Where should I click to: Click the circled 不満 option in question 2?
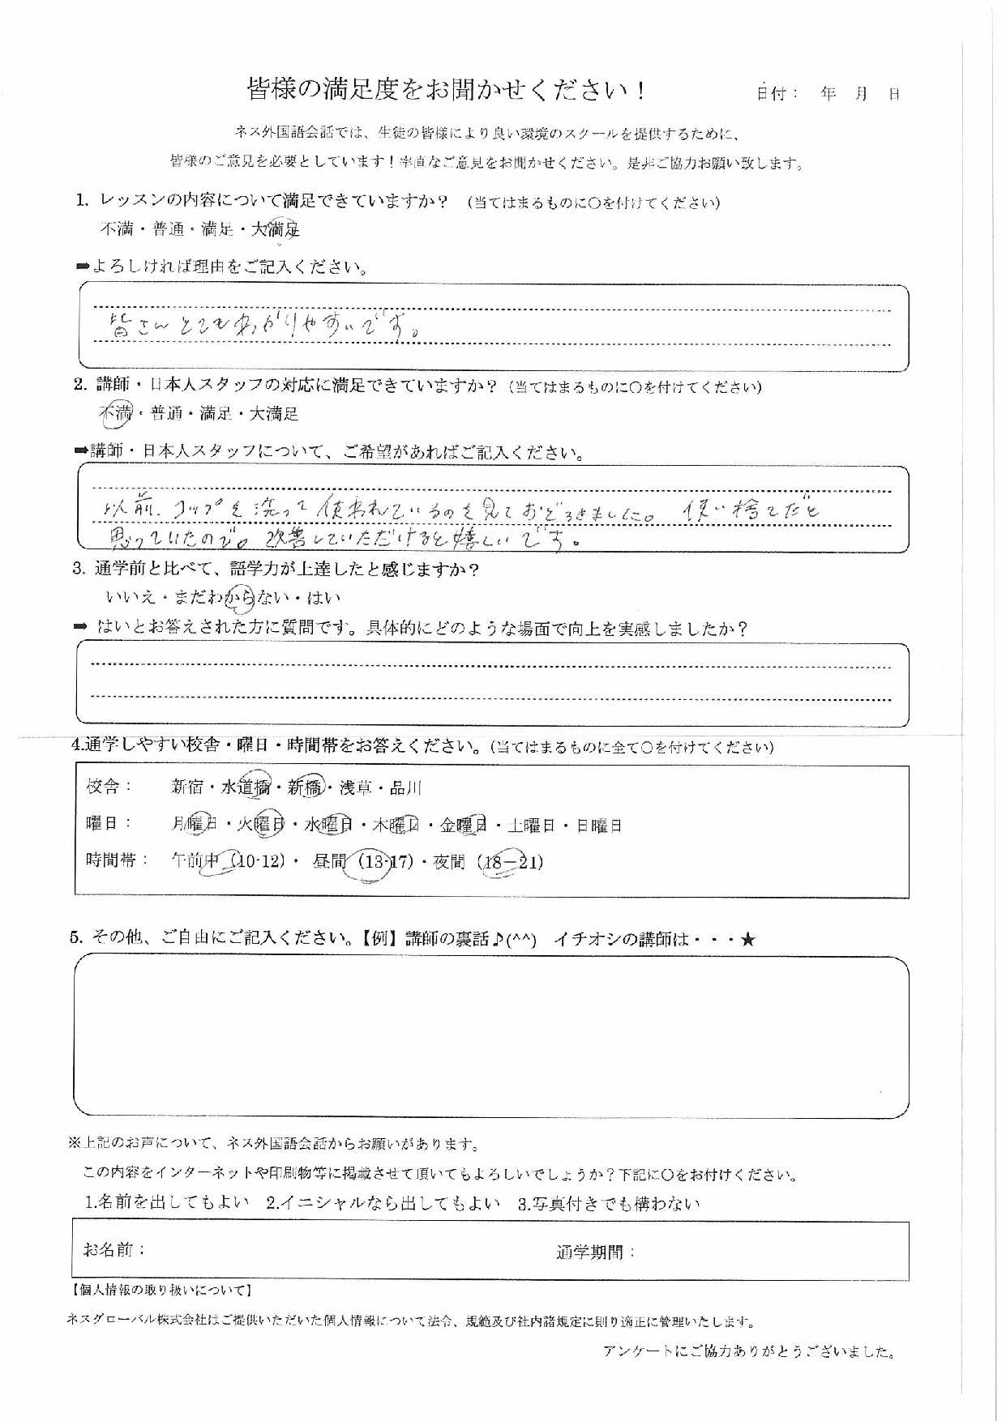114,413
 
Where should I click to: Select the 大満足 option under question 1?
276,229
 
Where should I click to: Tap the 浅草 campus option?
357,787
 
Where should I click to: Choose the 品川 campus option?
406,787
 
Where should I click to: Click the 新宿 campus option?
187,787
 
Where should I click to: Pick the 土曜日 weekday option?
531,826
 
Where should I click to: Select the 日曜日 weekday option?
599,826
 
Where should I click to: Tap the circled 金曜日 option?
463,826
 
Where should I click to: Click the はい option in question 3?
324,598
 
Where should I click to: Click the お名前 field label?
113,1250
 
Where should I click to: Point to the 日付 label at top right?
777,94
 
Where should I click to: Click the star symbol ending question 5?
747,939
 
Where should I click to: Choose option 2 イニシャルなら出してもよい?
383,1203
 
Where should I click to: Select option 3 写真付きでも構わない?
608,1203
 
